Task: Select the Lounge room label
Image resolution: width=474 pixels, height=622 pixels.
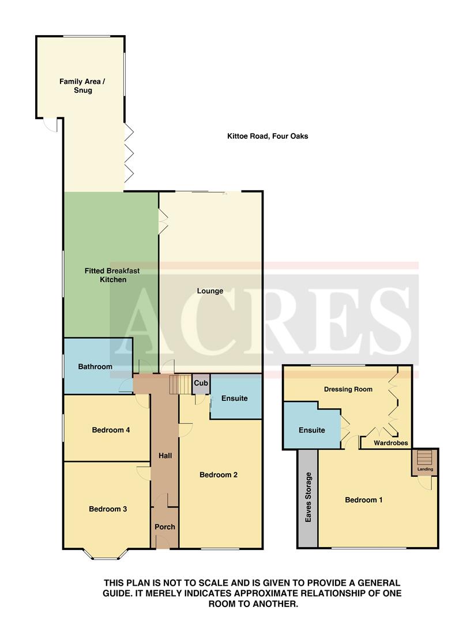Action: click(210, 291)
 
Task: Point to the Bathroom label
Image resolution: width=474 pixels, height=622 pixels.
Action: click(95, 366)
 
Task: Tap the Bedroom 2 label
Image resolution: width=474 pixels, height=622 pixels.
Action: click(219, 475)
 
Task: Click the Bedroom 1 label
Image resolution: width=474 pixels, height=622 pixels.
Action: click(363, 500)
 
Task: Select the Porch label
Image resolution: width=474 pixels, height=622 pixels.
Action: click(164, 526)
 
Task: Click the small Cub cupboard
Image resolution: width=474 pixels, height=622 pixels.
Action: click(201, 383)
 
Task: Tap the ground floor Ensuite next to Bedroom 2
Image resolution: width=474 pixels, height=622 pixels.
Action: click(234, 398)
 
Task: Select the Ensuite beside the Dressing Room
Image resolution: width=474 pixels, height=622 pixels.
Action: click(311, 430)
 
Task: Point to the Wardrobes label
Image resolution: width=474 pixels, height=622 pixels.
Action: click(391, 443)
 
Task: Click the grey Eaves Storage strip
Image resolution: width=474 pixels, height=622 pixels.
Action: click(308, 498)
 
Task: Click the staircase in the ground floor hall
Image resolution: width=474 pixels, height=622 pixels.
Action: click(180, 384)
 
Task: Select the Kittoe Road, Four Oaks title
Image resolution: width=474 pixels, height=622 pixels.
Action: click(267, 136)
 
